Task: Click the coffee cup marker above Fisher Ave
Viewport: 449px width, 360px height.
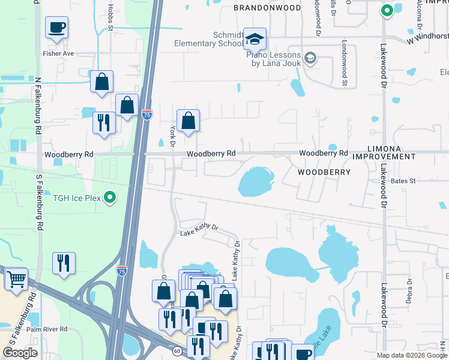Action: click(x=56, y=28)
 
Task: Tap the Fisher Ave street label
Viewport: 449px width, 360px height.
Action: click(x=58, y=53)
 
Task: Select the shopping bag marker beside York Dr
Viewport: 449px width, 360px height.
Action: click(x=188, y=121)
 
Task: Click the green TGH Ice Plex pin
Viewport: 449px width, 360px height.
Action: click(x=110, y=197)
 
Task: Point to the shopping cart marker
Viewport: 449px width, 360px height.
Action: click(x=16, y=279)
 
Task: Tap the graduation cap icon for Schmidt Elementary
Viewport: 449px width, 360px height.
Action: click(x=255, y=40)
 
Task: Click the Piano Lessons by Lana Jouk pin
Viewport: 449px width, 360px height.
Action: click(x=310, y=58)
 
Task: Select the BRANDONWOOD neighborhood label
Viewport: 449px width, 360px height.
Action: click(x=267, y=8)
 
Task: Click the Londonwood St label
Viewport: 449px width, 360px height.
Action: click(x=345, y=64)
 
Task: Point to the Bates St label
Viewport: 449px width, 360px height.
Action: click(x=403, y=181)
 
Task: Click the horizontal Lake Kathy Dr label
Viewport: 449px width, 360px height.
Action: click(x=199, y=229)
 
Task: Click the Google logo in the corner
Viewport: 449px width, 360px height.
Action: click(x=20, y=352)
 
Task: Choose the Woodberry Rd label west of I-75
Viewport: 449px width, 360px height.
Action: click(x=69, y=154)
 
